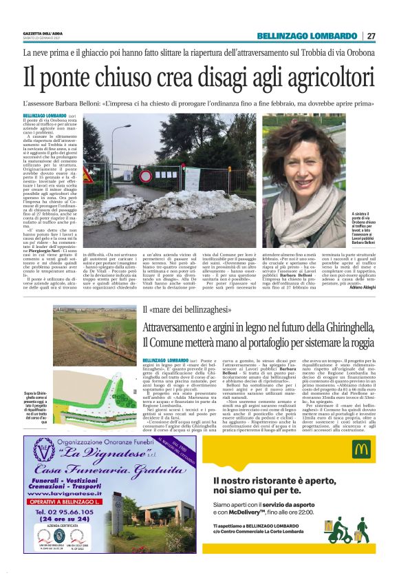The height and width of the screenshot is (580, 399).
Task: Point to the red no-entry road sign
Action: (145, 176)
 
